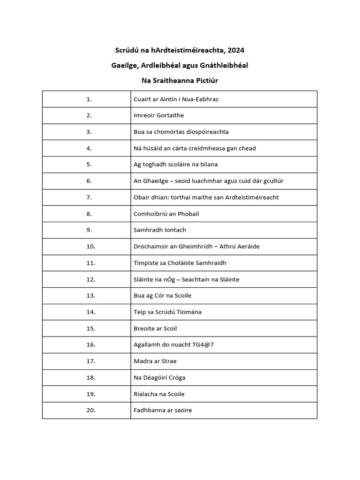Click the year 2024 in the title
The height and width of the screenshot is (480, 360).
point(236,50)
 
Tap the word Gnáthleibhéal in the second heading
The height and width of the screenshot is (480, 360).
point(224,65)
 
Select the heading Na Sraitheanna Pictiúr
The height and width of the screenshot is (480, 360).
point(180,81)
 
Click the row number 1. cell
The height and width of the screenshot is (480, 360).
point(89,99)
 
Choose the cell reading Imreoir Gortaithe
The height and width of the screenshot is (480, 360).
point(159,115)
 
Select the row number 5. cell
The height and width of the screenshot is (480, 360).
point(89,165)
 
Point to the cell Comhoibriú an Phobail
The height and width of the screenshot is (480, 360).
point(166,214)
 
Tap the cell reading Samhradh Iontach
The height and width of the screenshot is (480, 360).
point(160,230)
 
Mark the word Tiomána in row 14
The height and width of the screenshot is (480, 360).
point(189,312)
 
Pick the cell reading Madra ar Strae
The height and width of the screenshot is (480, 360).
point(155,361)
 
